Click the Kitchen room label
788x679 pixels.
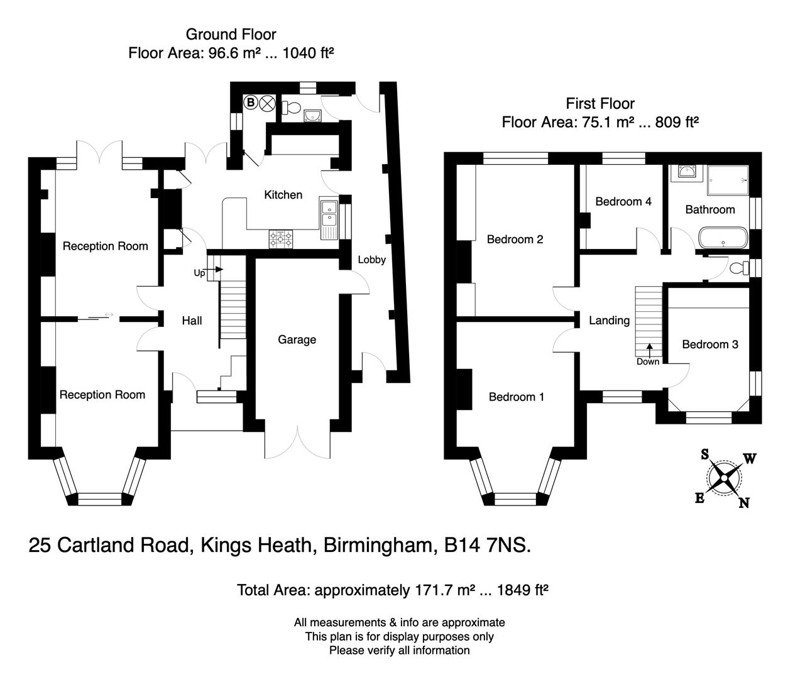283,195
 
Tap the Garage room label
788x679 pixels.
297,339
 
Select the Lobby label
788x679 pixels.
372,259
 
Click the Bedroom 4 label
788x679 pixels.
623,201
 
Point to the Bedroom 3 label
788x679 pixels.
709,344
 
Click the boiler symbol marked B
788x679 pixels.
250,102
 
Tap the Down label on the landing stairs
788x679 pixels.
648,362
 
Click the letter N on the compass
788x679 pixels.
744,502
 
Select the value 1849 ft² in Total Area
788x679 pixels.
523,590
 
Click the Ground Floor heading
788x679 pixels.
231,34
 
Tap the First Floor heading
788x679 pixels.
600,103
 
